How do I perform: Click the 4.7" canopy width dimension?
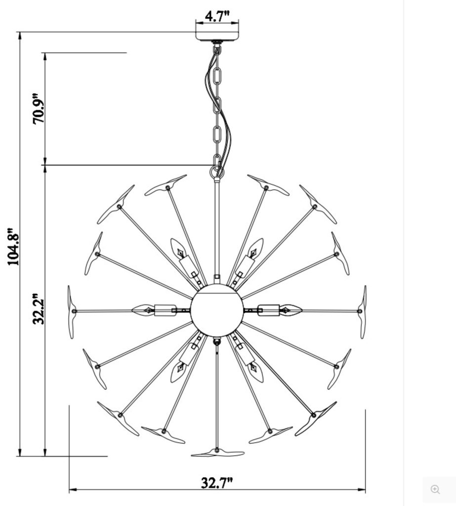pos(217,16)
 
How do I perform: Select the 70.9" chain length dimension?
pos(39,109)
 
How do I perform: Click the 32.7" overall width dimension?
pos(216,482)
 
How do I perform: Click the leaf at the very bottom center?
pos(217,453)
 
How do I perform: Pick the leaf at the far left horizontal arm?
pos(72,311)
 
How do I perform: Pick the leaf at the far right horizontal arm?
pos(363,311)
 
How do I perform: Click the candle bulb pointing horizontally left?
pos(143,310)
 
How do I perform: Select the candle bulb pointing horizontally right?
pos(290,310)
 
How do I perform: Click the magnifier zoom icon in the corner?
pos(435,489)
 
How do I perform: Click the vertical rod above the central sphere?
pos(216,227)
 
